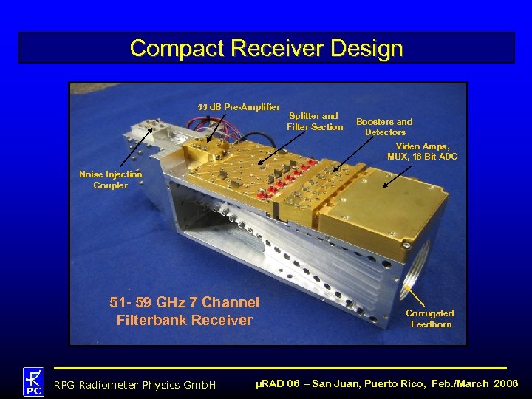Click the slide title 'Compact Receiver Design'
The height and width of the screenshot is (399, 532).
point(266,48)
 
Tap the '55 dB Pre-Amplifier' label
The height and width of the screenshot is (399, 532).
point(239,107)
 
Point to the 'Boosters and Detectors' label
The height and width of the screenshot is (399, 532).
point(384,126)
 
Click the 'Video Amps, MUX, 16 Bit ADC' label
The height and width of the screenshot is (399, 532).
point(422,151)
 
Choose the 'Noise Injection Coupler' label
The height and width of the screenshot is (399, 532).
point(110,180)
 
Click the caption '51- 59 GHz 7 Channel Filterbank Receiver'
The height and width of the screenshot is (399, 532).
point(184,311)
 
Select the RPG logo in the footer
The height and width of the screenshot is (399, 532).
point(33,381)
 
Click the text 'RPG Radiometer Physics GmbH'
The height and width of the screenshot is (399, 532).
point(134,384)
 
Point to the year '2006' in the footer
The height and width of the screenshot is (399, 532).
point(505,383)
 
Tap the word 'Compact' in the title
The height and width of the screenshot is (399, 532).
point(177,48)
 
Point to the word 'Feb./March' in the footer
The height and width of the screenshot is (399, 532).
point(459,383)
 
